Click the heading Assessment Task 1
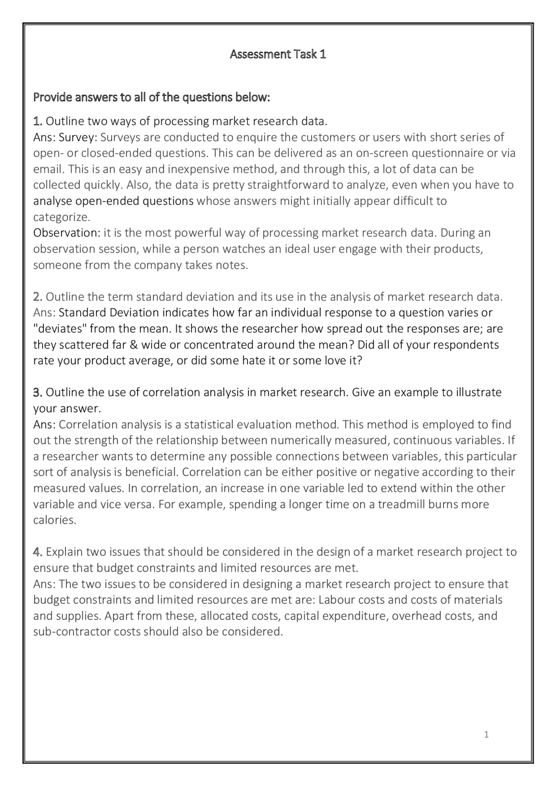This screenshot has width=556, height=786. pos(278,54)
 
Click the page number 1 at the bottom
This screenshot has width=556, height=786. pos(486,734)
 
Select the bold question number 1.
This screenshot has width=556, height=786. pos(37,121)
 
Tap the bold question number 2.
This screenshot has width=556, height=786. pos(37,297)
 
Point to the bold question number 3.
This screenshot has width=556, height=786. pos(37,393)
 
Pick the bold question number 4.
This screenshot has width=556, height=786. pos(37,552)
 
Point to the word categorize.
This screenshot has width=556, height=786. pos(61,217)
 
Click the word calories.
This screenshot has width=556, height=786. pos(54,520)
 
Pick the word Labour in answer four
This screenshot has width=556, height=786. pos(337,600)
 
